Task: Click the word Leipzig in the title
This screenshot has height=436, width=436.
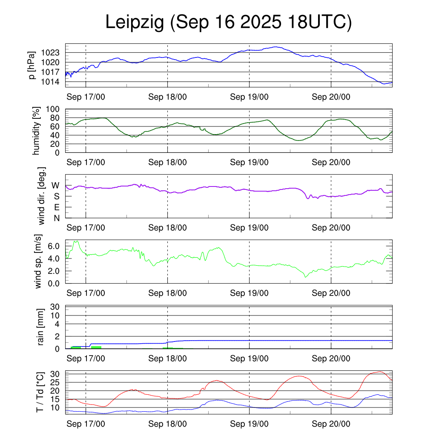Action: pos(135,23)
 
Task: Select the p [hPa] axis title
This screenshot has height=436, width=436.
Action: pos(32,65)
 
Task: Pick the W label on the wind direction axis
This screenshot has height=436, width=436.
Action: pos(55,185)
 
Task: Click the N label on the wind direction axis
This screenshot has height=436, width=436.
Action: pos(56,218)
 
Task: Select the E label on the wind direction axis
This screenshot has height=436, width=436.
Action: pos(56,207)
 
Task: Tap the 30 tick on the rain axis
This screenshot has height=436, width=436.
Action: pos(55,307)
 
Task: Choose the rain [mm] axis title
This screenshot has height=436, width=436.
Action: pos(41,327)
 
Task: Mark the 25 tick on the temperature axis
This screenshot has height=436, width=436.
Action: pos(55,382)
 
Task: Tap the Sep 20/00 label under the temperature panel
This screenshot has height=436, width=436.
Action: pos(331,424)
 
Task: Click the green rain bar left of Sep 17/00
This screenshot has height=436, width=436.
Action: pos(76,347)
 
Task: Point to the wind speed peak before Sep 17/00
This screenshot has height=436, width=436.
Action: pos(76,241)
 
